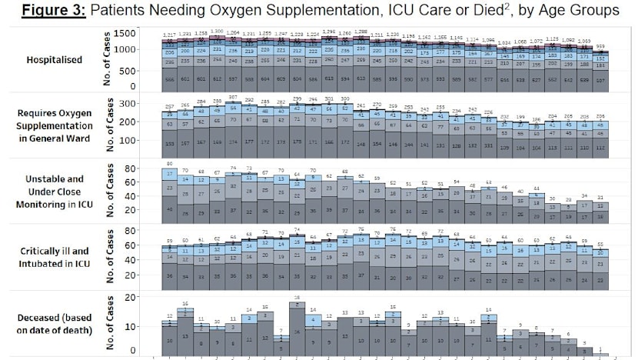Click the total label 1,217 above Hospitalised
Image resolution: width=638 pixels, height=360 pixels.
tap(169, 35)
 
